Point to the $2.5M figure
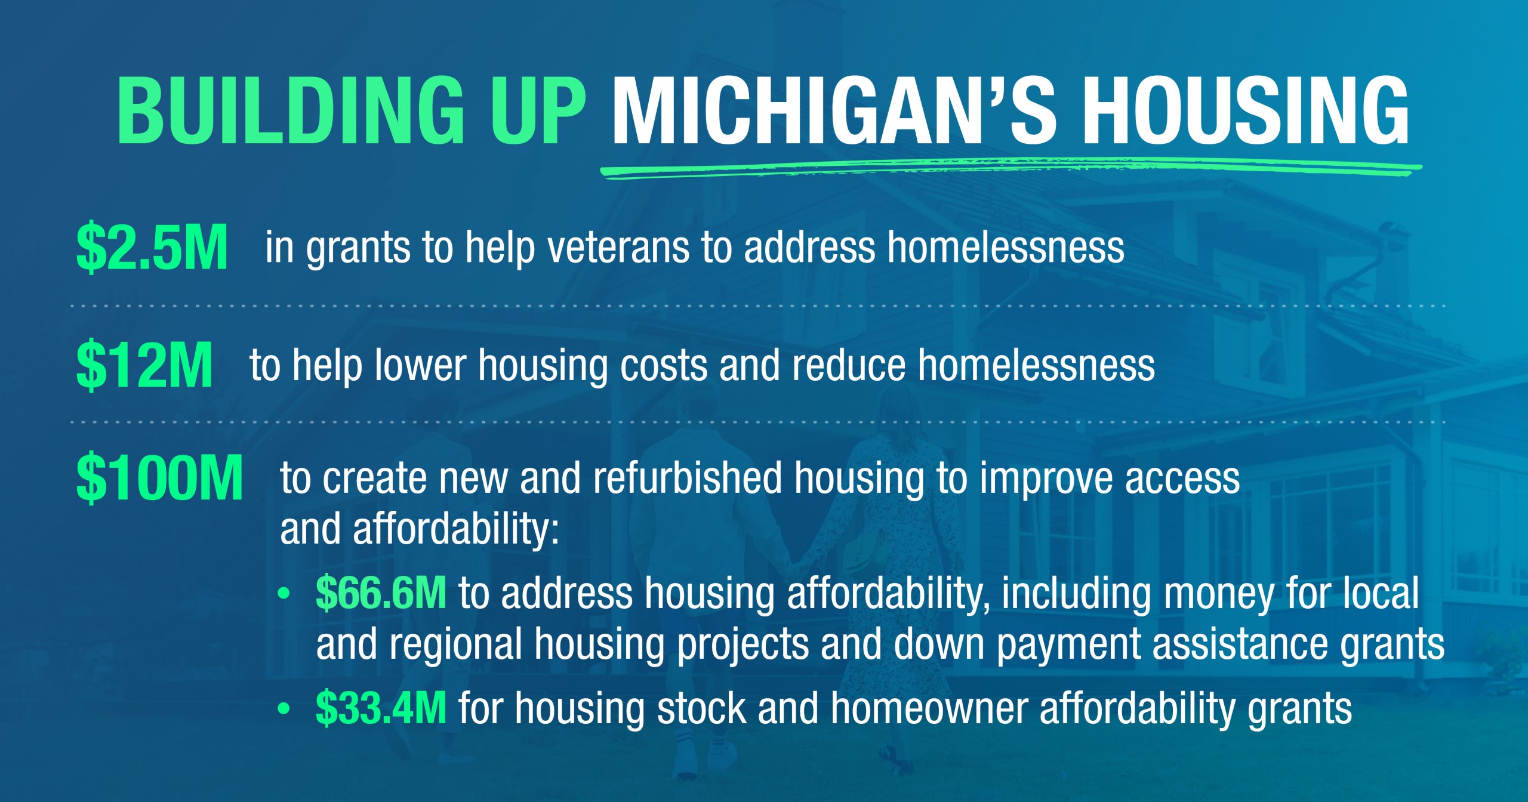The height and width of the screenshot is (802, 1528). click(x=152, y=247)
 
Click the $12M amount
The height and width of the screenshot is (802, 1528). click(x=144, y=365)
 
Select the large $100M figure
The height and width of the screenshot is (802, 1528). click(x=159, y=477)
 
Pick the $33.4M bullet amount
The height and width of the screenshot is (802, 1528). click(x=381, y=708)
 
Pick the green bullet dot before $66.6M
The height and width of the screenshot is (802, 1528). click(x=284, y=594)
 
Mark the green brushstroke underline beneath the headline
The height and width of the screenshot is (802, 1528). click(x=1011, y=168)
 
